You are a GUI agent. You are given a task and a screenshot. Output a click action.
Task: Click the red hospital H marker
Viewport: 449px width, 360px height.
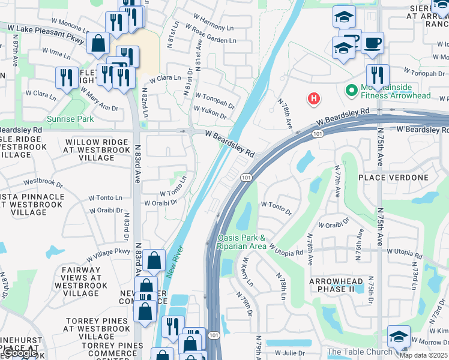click(x=313, y=99)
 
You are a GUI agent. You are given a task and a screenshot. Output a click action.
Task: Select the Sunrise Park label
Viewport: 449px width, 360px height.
click(x=70, y=119)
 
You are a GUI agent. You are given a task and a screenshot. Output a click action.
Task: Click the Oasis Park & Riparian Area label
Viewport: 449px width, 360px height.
click(x=242, y=242)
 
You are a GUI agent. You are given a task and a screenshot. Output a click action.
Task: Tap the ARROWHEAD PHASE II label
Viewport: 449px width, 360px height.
click(x=336, y=285)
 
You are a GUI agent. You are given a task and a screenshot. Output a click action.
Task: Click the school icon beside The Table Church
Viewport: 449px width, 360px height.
click(x=398, y=337)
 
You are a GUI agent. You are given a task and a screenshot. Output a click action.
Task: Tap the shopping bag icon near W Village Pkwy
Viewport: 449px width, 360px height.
click(x=154, y=261)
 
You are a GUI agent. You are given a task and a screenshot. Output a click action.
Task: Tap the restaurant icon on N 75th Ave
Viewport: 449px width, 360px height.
click(x=377, y=76)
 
